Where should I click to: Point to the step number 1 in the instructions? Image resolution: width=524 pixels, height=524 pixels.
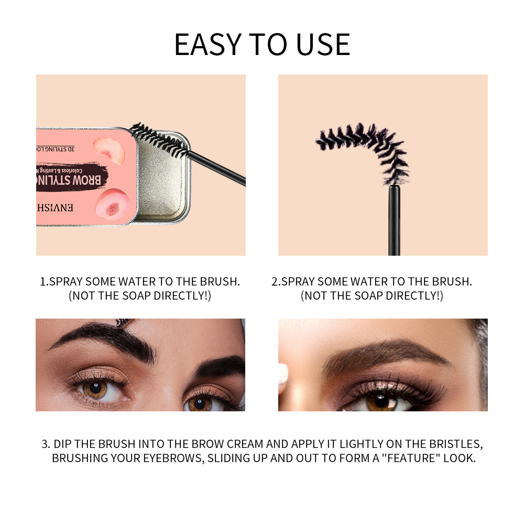pyautogui.click(x=43, y=282)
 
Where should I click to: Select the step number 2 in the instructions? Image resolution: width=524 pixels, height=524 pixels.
pyautogui.click(x=275, y=282)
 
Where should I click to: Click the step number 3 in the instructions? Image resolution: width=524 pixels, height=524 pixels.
pyautogui.click(x=45, y=444)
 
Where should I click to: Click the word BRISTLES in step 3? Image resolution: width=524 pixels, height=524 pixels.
pyautogui.click(x=449, y=444)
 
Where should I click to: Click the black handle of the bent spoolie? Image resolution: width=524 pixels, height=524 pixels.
pyautogui.click(x=394, y=220)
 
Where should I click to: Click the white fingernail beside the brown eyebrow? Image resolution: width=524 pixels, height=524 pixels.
pyautogui.click(x=283, y=374)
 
